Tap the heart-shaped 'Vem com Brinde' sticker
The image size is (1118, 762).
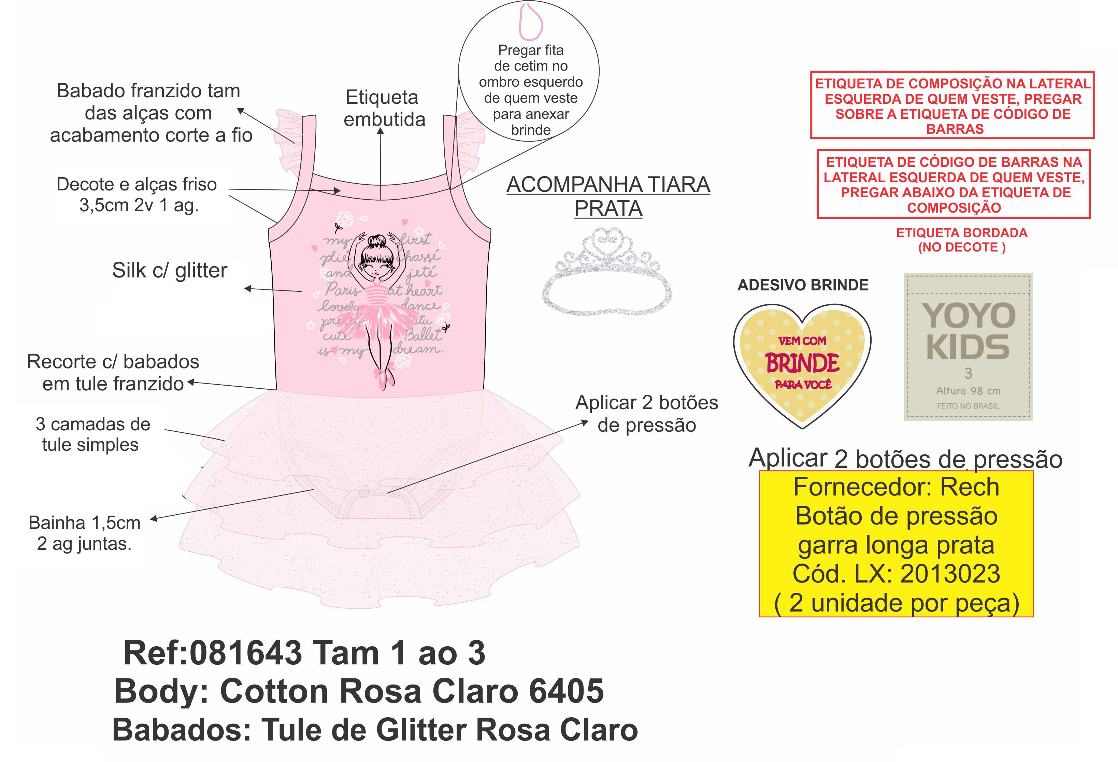click(x=802, y=363)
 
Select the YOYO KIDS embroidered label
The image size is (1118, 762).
click(x=967, y=346)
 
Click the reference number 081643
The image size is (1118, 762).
click(x=245, y=653)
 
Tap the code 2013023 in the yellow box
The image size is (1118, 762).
click(x=950, y=573)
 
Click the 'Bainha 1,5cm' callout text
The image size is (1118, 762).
click(x=84, y=522)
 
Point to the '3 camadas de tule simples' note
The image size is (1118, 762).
click(x=92, y=434)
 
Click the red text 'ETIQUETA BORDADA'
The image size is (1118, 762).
click(x=961, y=233)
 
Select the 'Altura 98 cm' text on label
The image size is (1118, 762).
click(x=968, y=391)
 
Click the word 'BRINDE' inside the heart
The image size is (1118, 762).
click(x=802, y=363)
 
